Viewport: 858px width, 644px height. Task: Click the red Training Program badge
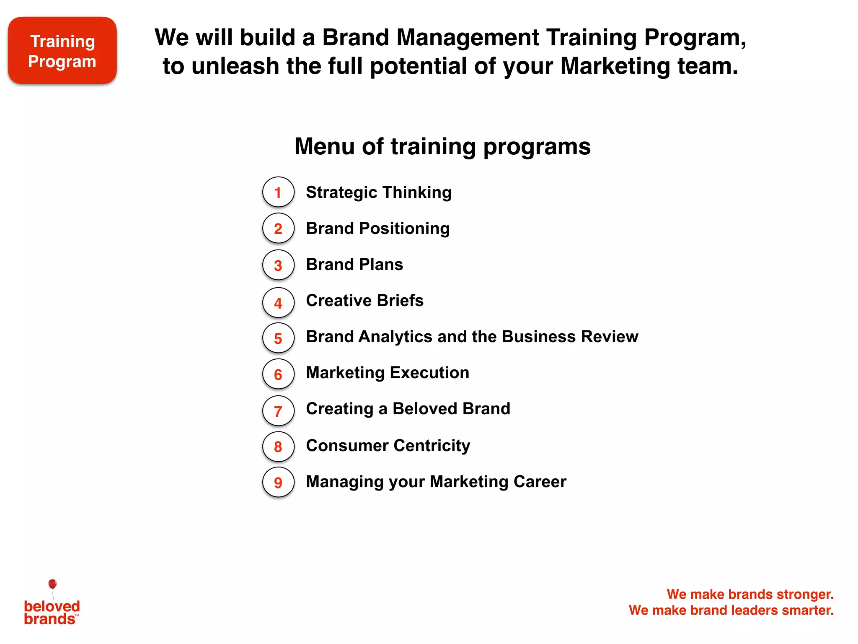click(x=62, y=51)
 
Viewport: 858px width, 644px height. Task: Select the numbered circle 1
click(x=278, y=192)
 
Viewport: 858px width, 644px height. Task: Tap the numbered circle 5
click(x=278, y=338)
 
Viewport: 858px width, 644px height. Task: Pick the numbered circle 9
click(x=278, y=482)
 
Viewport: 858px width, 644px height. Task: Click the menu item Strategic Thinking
click(x=379, y=192)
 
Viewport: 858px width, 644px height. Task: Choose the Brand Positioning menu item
click(x=378, y=229)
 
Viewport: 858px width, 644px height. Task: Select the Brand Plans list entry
click(x=354, y=265)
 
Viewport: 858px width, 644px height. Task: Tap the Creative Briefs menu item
click(x=364, y=301)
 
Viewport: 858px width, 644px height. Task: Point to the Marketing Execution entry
click(x=388, y=373)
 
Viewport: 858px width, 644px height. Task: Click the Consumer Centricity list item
click(x=388, y=445)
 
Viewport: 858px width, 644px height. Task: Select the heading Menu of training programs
click(x=442, y=146)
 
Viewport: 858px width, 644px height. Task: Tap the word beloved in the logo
click(x=52, y=606)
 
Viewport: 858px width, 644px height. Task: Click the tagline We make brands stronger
click(x=750, y=594)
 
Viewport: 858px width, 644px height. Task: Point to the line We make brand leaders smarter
click(x=731, y=610)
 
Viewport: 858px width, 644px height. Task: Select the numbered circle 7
click(x=278, y=410)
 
